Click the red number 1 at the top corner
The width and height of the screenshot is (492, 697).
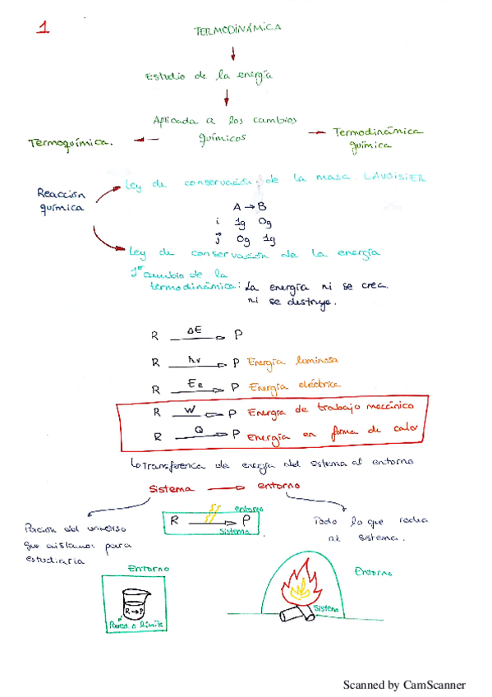pyautogui.click(x=44, y=27)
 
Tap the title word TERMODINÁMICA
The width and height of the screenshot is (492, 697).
pyautogui.click(x=237, y=29)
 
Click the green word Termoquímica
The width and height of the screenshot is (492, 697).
pyautogui.click(x=70, y=141)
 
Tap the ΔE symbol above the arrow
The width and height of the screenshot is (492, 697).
pyautogui.click(x=195, y=330)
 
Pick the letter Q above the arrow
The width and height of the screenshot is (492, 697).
pyautogui.click(x=198, y=428)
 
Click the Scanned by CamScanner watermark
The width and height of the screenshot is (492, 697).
pyautogui.click(x=403, y=684)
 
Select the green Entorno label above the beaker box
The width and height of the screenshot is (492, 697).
pyautogui.click(x=148, y=568)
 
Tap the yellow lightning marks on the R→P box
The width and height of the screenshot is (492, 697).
pyautogui.click(x=216, y=515)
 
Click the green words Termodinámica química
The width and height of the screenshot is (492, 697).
pyautogui.click(x=377, y=139)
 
